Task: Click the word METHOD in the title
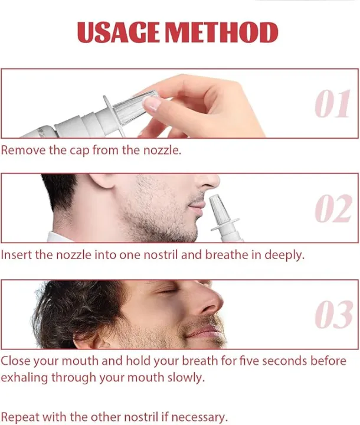(221, 32)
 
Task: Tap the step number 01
(332, 104)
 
